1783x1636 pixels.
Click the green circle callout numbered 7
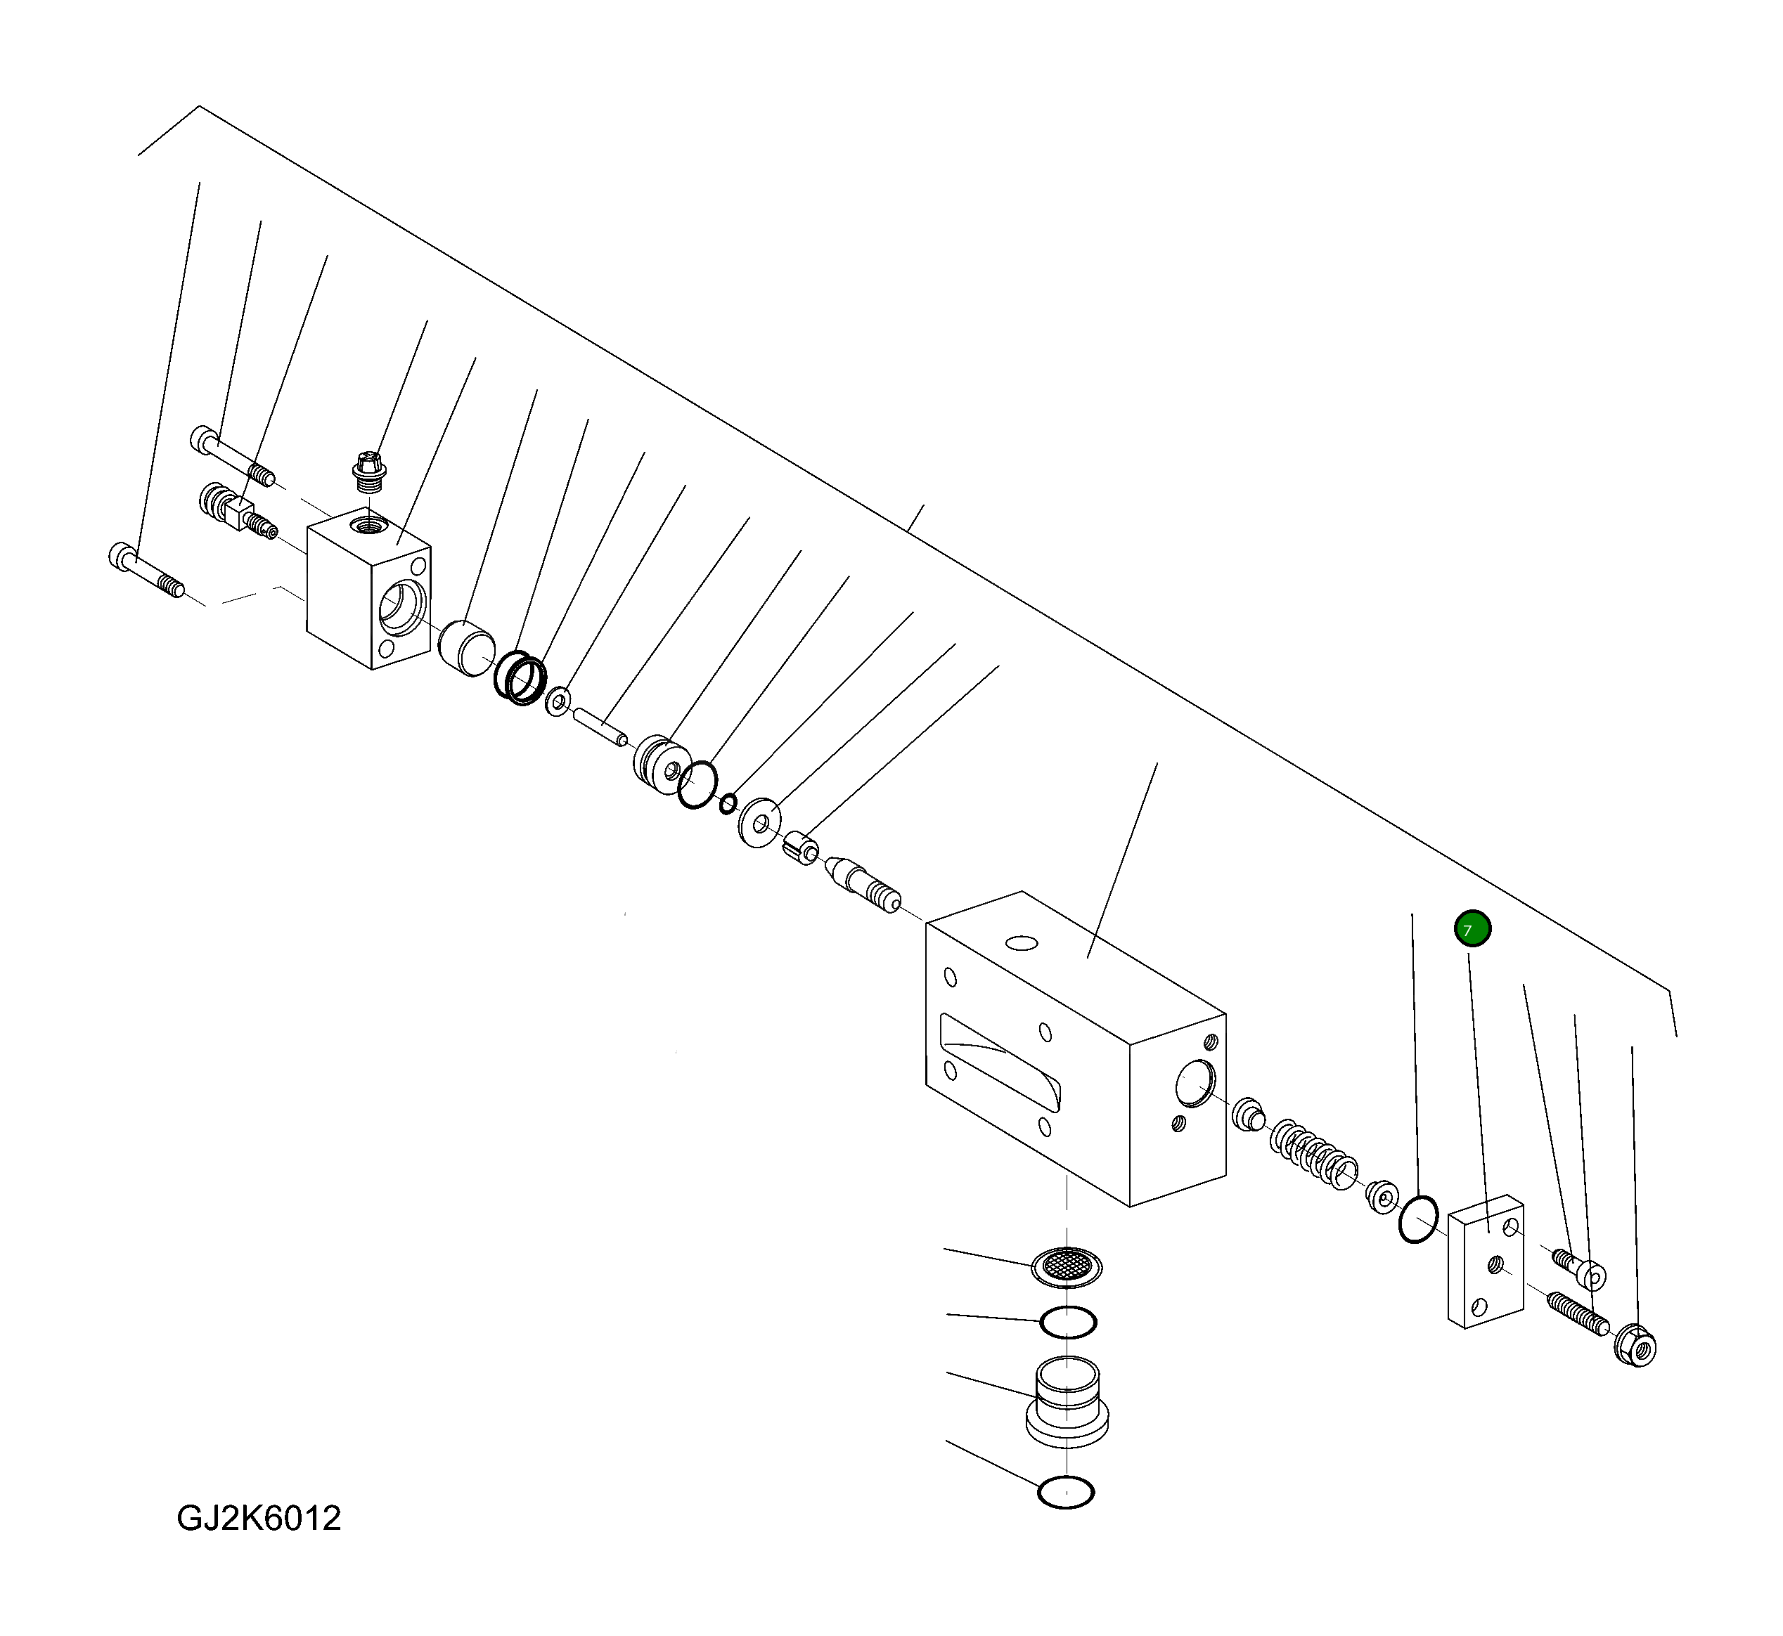click(x=1473, y=930)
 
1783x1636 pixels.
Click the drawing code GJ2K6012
click(x=259, y=1518)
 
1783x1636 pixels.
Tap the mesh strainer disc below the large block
click(x=1067, y=1268)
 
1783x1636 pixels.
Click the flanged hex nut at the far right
click(x=1636, y=1346)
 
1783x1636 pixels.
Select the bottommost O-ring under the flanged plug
click(x=1066, y=1493)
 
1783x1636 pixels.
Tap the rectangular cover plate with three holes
click(x=1486, y=1261)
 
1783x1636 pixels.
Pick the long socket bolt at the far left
click(x=147, y=571)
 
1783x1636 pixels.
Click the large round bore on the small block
click(x=402, y=609)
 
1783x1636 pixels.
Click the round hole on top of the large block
click(x=1022, y=944)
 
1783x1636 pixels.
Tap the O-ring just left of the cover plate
click(x=1418, y=1218)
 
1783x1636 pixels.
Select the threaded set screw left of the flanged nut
click(x=1576, y=1313)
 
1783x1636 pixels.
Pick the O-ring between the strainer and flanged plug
click(x=1068, y=1323)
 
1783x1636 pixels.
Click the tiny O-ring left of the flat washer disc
click(x=727, y=804)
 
